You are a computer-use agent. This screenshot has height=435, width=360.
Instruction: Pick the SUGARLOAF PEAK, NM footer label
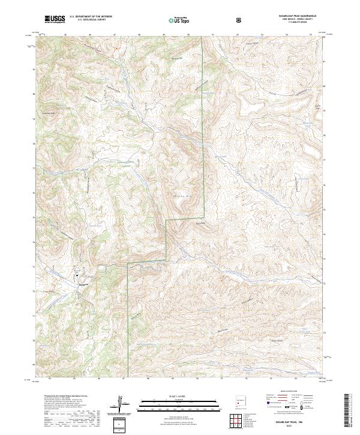pyautogui.click(x=293, y=423)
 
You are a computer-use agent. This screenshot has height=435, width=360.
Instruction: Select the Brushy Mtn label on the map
pyautogui.click(x=179, y=196)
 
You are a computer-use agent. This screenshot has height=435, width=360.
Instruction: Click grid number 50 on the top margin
pyautogui.click(x=187, y=35)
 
